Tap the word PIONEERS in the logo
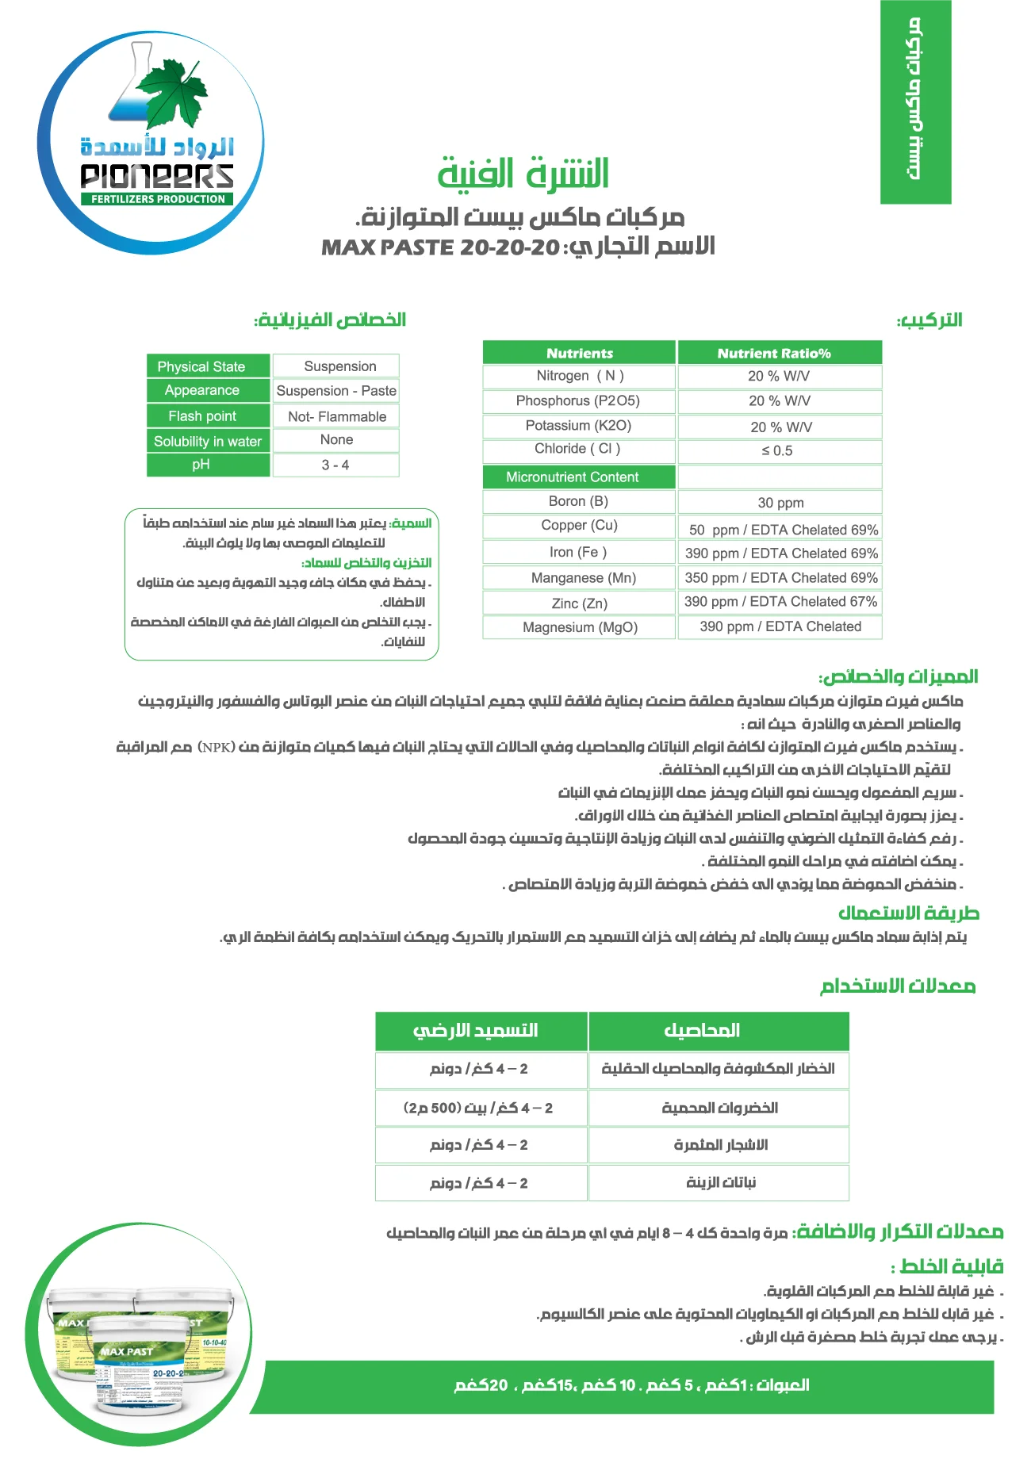[x=157, y=176]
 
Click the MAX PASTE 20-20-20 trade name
[x=440, y=247]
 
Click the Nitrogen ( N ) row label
[x=580, y=376]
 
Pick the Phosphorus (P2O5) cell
[x=578, y=401]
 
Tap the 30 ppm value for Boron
[x=780, y=503]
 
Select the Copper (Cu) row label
[x=579, y=525]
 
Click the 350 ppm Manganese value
[x=780, y=578]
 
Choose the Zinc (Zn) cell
[x=579, y=603]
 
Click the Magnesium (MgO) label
[x=580, y=627]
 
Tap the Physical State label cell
[x=201, y=367]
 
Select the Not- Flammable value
[x=337, y=417]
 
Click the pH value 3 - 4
[x=335, y=465]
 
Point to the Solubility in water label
[x=208, y=442]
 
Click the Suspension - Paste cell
[x=336, y=391]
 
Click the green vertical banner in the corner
[x=915, y=101]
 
